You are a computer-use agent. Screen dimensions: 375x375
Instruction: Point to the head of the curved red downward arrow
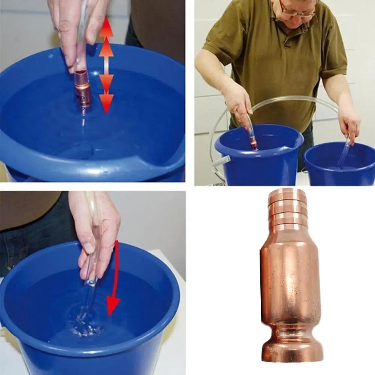(x=113, y=305)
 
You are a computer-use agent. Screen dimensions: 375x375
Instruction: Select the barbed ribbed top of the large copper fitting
(x=287, y=210)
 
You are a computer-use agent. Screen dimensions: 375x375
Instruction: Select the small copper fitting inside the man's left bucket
(x=254, y=144)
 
